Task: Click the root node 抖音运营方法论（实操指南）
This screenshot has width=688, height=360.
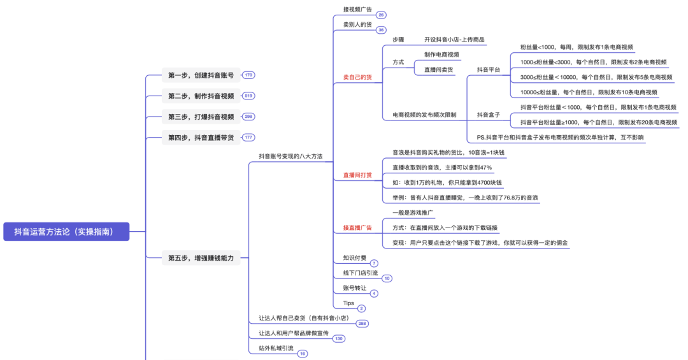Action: tap(66, 232)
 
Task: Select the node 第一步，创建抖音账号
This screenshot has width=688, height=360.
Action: tap(201, 75)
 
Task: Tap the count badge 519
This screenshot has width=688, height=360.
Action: tap(248, 96)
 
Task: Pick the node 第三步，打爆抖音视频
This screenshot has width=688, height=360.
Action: tap(201, 117)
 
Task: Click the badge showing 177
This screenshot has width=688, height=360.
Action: tap(248, 138)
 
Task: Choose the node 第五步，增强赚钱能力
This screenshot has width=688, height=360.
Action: tap(201, 258)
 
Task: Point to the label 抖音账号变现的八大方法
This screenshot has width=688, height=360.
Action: tap(290, 155)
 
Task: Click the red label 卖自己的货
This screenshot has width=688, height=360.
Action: tap(357, 77)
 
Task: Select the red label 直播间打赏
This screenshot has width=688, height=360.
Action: tap(357, 175)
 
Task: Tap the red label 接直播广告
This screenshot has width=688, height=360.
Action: tap(357, 227)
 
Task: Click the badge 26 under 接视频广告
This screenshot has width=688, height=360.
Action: tap(381, 15)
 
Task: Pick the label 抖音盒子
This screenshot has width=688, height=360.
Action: tap(489, 115)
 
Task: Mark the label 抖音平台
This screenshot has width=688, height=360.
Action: tap(489, 69)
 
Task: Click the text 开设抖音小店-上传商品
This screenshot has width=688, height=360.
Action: tap(455, 40)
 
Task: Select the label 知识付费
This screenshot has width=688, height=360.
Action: tap(355, 258)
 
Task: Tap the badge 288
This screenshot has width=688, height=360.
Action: tap(362, 324)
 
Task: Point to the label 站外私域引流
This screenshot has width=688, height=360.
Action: tap(276, 348)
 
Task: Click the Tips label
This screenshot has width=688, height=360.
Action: tap(348, 303)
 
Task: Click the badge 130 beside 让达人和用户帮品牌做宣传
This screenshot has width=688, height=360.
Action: tap(338, 338)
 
